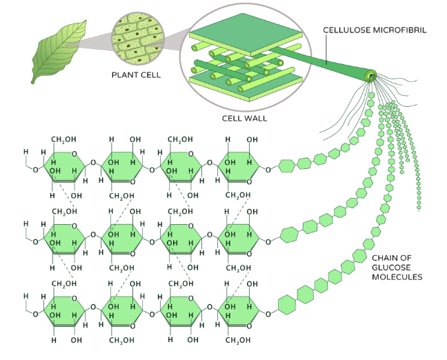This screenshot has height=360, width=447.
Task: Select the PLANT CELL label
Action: [x=136, y=75]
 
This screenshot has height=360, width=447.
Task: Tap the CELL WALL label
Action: [x=245, y=119]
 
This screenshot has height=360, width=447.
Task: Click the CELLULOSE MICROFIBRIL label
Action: [x=375, y=30]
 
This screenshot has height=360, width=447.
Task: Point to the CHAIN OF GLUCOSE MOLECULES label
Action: [x=397, y=268]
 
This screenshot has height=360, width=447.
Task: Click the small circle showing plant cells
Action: [x=138, y=38]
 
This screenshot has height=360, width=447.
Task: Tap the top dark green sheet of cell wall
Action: [x=246, y=34]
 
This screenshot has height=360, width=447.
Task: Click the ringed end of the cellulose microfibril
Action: [x=371, y=76]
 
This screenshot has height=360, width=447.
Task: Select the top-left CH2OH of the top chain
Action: [x=64, y=139]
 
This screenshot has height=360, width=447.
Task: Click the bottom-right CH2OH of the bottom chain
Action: [x=238, y=340]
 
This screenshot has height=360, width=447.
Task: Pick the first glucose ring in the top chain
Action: [x=64, y=167]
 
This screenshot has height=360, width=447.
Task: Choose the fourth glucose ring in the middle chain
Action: [x=239, y=239]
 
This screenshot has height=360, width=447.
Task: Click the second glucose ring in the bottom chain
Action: [x=122, y=312]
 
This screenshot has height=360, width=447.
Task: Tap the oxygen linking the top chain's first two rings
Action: [x=93, y=163]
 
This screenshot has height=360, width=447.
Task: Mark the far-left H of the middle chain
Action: [x=26, y=223]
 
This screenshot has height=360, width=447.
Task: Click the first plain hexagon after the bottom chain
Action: [x=286, y=305]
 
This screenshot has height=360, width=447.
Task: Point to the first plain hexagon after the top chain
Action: [x=286, y=166]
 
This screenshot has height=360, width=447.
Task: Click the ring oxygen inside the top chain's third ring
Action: [x=190, y=154]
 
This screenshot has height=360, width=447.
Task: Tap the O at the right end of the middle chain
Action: [x=268, y=242]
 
